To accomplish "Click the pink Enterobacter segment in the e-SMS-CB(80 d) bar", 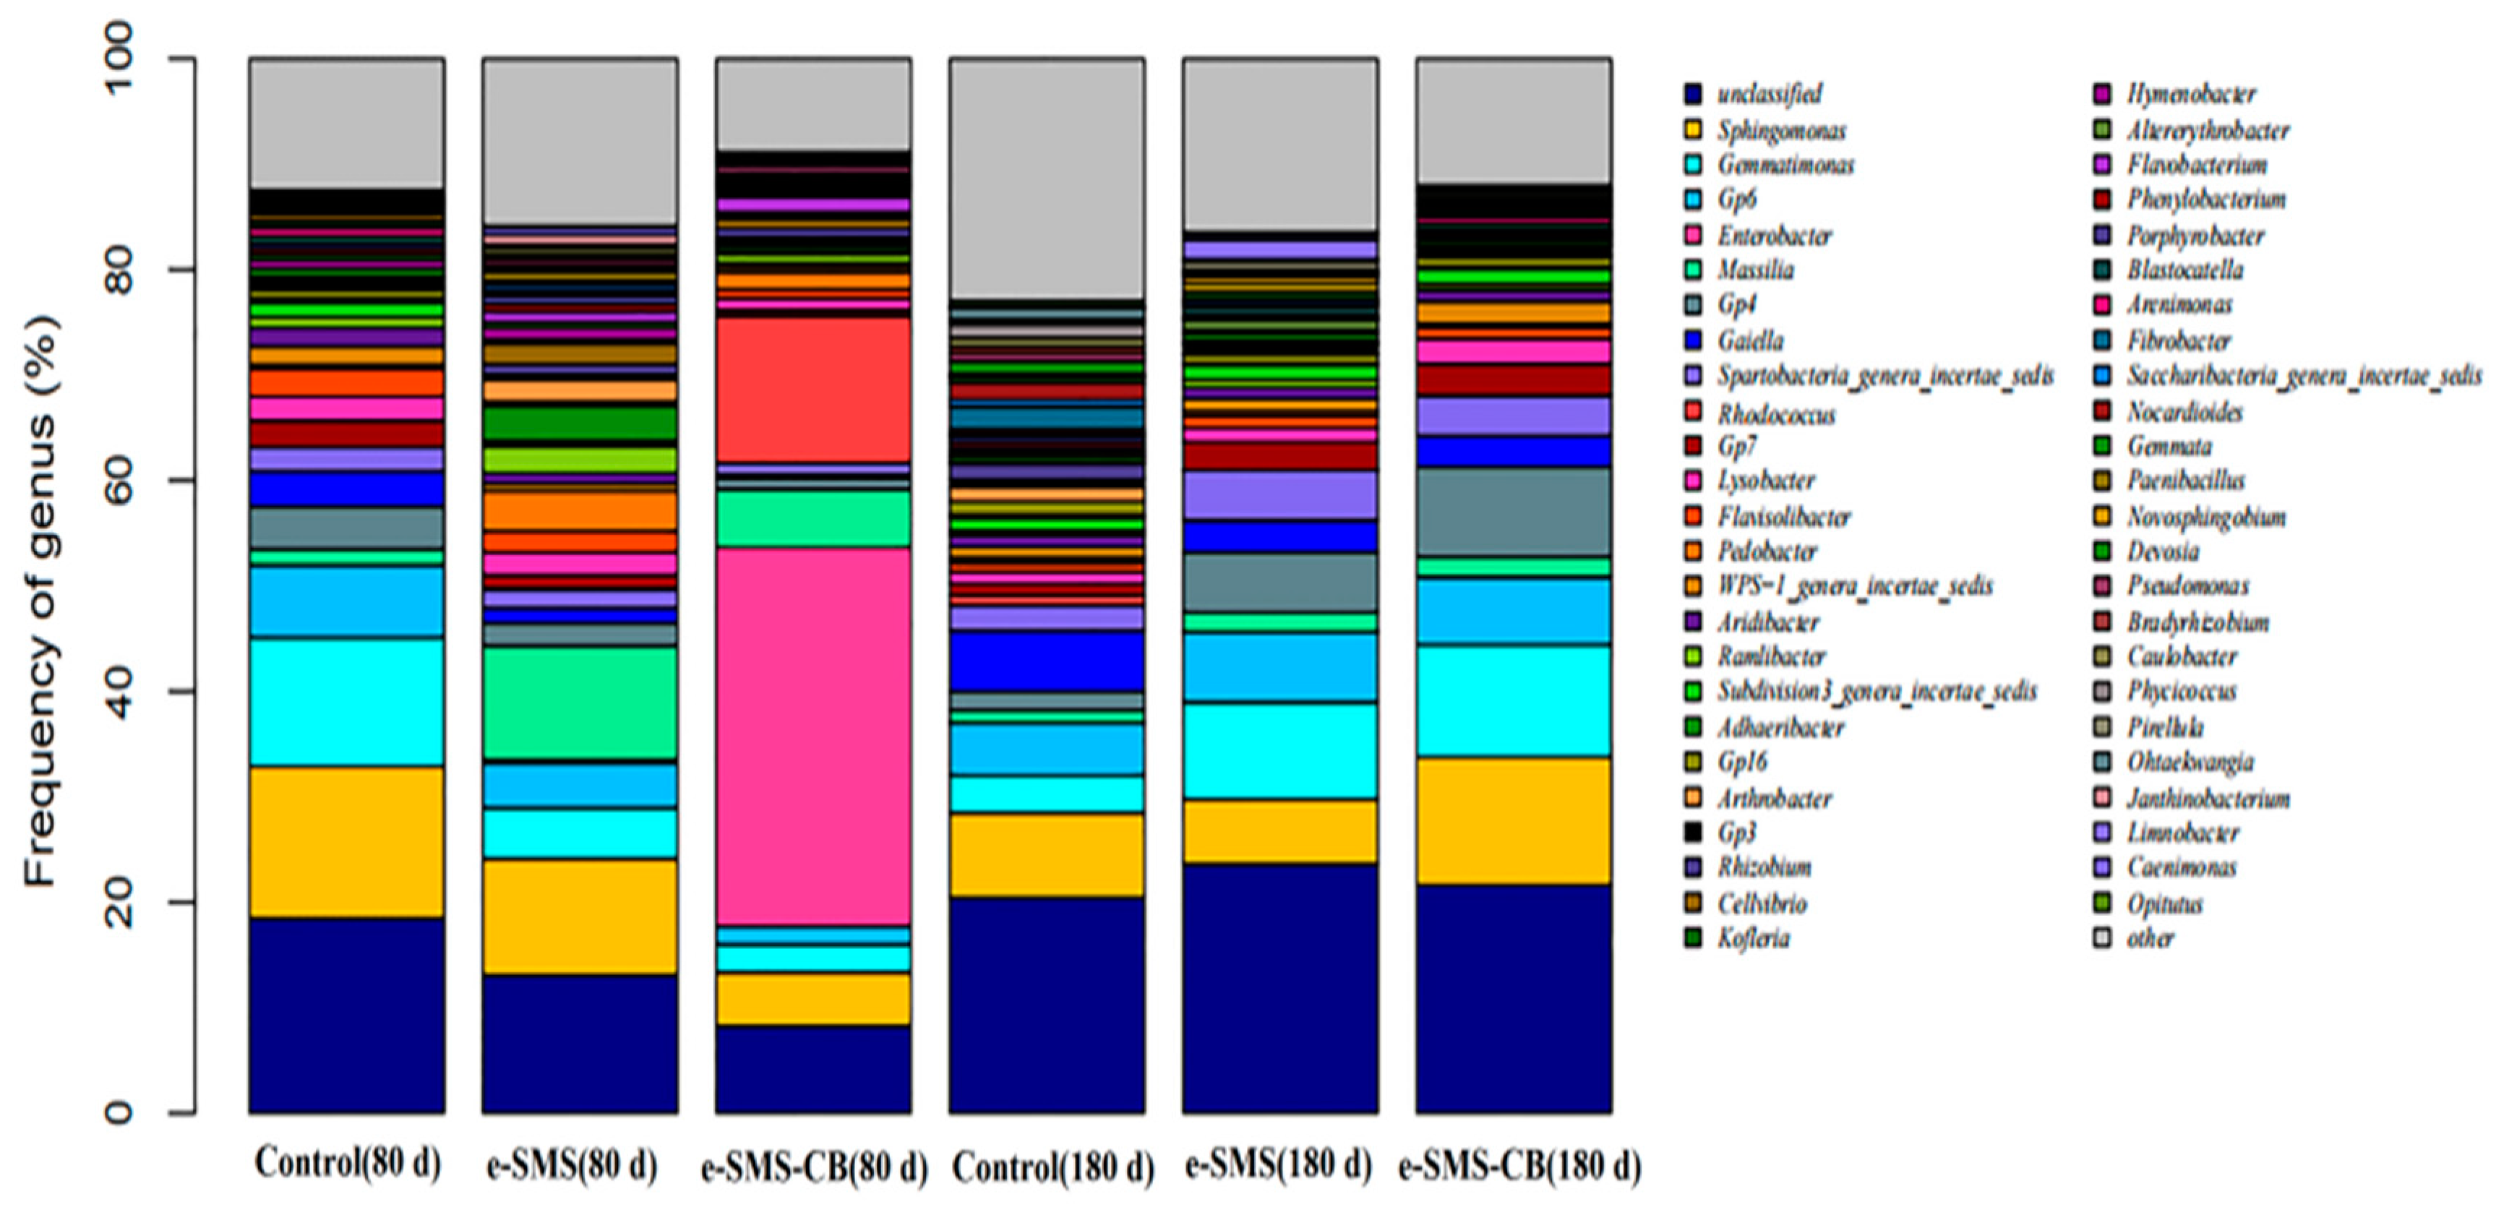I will [x=813, y=737].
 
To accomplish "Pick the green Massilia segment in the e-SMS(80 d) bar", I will [x=580, y=703].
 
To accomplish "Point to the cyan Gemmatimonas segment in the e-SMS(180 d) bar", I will [x=1279, y=751].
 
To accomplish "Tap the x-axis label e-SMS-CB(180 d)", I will [x=1519, y=1166].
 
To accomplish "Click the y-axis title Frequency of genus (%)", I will [x=40, y=601].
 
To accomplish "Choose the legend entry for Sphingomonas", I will [x=1781, y=130].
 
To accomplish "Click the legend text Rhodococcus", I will [x=1776, y=415].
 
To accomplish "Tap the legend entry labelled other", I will [x=2149, y=938].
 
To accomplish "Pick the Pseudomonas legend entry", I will [x=2187, y=585].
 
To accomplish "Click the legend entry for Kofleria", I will [x=1753, y=938].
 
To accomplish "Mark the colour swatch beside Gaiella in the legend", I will [x=1693, y=341].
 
